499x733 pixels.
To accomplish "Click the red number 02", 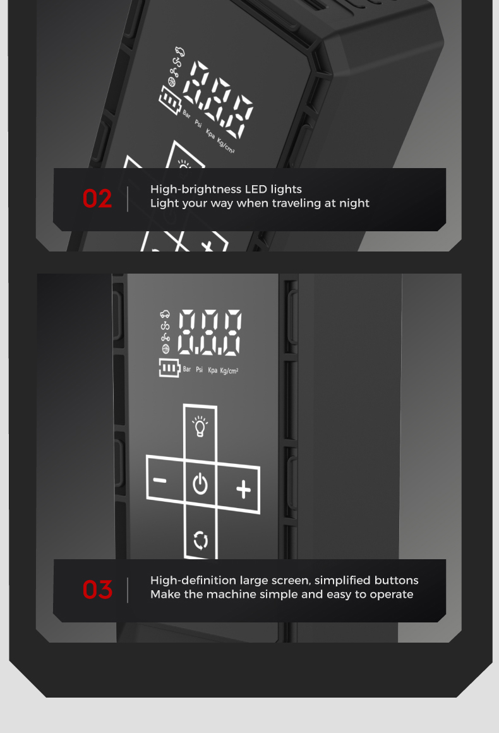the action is (97, 198).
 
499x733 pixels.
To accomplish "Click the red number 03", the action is (97, 590).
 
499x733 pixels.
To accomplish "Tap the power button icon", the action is (200, 483).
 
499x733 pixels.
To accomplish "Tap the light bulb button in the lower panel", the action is (200, 426).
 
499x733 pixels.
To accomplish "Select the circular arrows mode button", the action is (200, 540).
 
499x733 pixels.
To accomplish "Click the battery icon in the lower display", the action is (169, 368).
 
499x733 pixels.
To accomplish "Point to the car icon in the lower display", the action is (165, 314).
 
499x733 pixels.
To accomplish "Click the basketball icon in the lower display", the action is (165, 349).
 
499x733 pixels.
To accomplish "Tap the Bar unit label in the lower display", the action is (187, 369).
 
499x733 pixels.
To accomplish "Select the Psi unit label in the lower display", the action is (199, 369).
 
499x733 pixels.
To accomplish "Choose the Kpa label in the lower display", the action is (213, 370).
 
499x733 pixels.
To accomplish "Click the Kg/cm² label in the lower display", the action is (229, 371).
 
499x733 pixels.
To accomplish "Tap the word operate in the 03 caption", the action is (392, 595).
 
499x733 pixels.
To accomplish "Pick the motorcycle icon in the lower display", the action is (165, 326).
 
